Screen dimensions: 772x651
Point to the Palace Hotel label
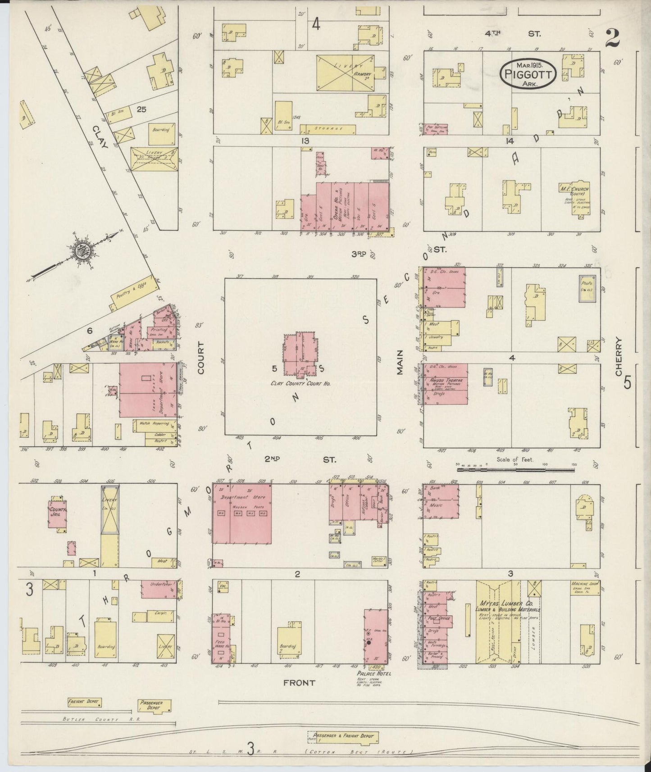(x=373, y=673)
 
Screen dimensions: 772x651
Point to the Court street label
(x=200, y=357)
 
